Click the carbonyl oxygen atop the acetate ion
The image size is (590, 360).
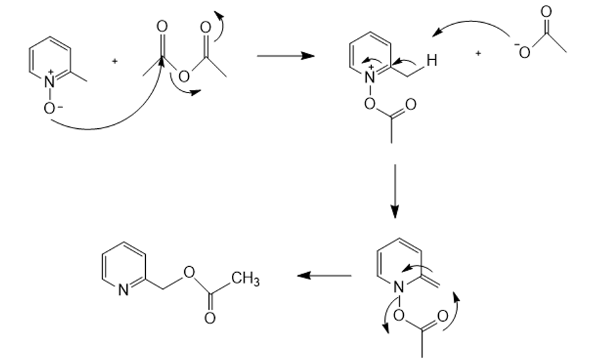(x=546, y=11)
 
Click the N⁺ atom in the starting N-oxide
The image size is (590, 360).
(x=50, y=83)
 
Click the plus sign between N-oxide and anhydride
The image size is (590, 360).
(x=115, y=61)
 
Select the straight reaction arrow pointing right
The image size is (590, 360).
(x=285, y=56)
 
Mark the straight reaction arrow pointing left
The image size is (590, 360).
(x=324, y=275)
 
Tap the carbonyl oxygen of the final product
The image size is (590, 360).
(x=210, y=318)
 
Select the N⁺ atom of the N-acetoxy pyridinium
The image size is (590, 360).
(x=371, y=77)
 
